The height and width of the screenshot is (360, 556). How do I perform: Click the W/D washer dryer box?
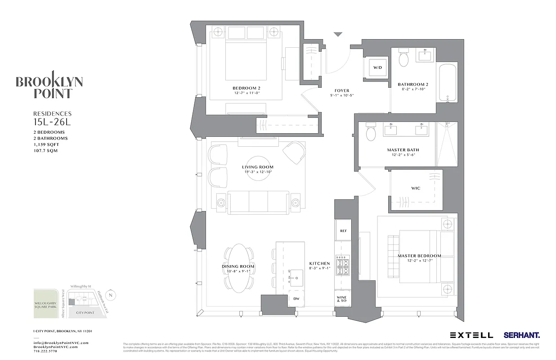[377, 67]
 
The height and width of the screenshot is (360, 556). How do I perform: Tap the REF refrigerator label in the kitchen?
[343, 231]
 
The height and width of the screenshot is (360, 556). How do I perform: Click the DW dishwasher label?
[296, 299]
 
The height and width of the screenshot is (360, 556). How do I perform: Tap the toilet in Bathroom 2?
[404, 59]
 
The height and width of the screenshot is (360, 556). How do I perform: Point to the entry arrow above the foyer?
[338, 35]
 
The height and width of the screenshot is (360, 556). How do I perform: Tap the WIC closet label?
[416, 188]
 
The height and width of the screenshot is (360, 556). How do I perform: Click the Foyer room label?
[342, 90]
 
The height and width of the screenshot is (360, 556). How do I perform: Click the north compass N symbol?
[112, 295]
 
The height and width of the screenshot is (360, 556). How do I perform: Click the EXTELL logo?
[471, 335]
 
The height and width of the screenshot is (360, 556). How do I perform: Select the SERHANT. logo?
[521, 335]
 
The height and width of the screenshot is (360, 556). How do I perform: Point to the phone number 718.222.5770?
[45, 351]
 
